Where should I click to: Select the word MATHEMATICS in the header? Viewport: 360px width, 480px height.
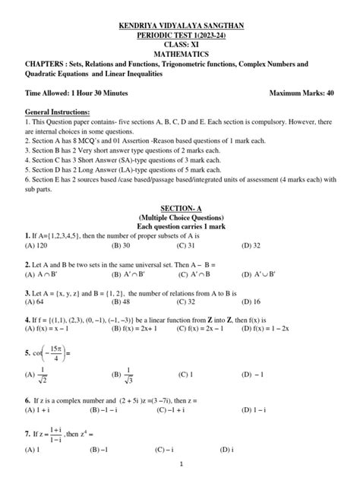point(180,55)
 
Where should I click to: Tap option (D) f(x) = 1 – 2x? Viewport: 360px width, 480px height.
point(270,329)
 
